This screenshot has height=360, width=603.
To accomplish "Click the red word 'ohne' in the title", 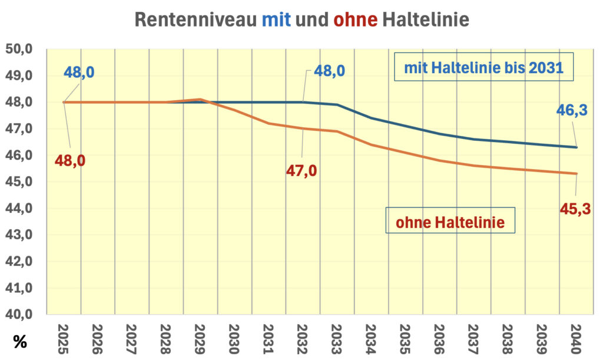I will pyautogui.click(x=355, y=19).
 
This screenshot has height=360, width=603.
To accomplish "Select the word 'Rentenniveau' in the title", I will pyautogui.click(x=196, y=19).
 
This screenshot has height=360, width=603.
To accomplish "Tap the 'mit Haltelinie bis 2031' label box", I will pyautogui.click(x=484, y=68).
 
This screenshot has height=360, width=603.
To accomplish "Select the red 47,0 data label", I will pyautogui.click(x=301, y=171).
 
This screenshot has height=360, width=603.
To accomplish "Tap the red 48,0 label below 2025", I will pyautogui.click(x=70, y=160).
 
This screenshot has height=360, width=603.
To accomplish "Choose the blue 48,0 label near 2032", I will pyautogui.click(x=329, y=71).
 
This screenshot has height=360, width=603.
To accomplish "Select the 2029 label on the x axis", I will pyautogui.click(x=200, y=338).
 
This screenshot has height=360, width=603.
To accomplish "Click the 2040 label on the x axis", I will pyautogui.click(x=576, y=338).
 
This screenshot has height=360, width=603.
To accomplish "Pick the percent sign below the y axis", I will pyautogui.click(x=19, y=342).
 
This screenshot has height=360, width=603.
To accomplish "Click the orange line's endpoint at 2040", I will pyautogui.click(x=577, y=174).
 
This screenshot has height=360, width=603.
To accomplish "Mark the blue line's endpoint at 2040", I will pyautogui.click(x=577, y=147).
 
